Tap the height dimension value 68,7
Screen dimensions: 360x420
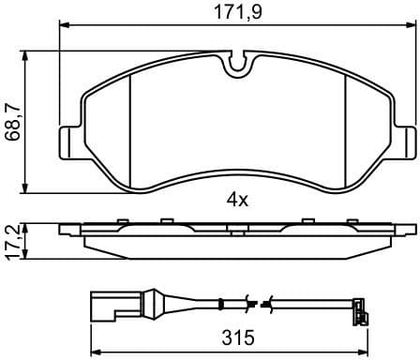click(12, 122)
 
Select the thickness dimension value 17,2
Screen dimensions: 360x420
click(12, 240)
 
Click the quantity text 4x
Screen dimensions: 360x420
click(236, 199)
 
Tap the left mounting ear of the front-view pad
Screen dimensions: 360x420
click(71, 142)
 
